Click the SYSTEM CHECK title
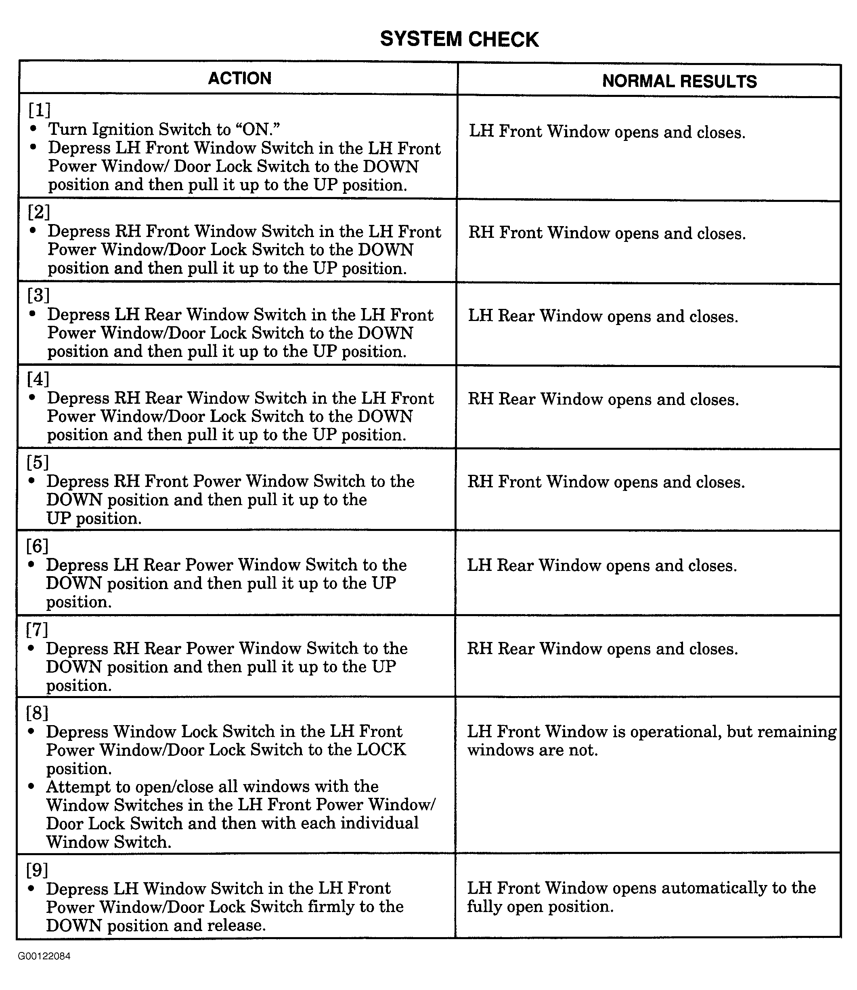tap(459, 39)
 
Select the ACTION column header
tap(240, 78)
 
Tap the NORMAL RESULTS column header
tap(679, 81)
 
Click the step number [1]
tap(39, 110)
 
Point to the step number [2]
tap(39, 212)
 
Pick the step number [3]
tap(38, 295)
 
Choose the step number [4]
tap(38, 379)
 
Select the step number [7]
tap(37, 629)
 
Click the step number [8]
tap(37, 713)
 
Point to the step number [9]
tap(37, 870)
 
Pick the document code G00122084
tap(44, 956)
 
